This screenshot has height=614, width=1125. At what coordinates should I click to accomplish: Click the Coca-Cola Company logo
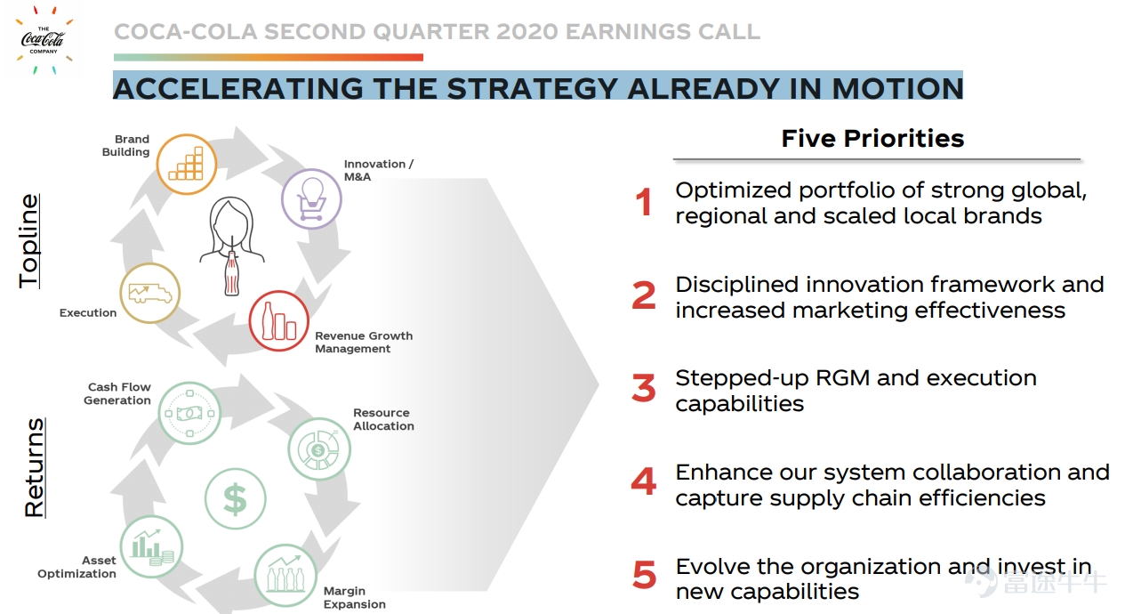44,39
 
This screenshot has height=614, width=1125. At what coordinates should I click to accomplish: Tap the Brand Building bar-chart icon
187,164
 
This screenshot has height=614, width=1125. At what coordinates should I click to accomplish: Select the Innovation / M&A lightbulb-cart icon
311,199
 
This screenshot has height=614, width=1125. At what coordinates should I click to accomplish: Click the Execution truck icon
149,293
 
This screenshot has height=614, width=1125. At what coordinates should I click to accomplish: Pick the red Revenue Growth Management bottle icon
278,320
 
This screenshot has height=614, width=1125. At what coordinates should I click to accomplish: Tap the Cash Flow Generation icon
189,413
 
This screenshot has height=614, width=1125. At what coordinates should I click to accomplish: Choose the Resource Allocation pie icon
319,449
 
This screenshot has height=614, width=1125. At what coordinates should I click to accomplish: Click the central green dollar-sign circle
235,499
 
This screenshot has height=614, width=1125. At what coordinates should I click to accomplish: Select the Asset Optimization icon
151,546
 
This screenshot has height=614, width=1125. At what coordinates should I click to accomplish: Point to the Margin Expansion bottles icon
285,576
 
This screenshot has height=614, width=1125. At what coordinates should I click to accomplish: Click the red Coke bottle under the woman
231,273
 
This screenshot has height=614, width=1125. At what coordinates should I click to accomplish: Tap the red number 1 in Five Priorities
644,202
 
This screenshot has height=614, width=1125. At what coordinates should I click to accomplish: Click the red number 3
644,388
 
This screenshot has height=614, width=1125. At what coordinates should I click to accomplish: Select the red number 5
645,575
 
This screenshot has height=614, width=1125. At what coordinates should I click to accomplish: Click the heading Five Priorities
873,138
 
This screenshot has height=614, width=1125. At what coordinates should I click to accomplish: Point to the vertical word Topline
29,241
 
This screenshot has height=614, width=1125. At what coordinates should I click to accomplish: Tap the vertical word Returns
34,467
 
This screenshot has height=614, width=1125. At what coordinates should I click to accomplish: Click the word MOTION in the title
897,88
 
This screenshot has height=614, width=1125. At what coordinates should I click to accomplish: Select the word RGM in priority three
844,378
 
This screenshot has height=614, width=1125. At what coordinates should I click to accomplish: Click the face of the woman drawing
230,225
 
